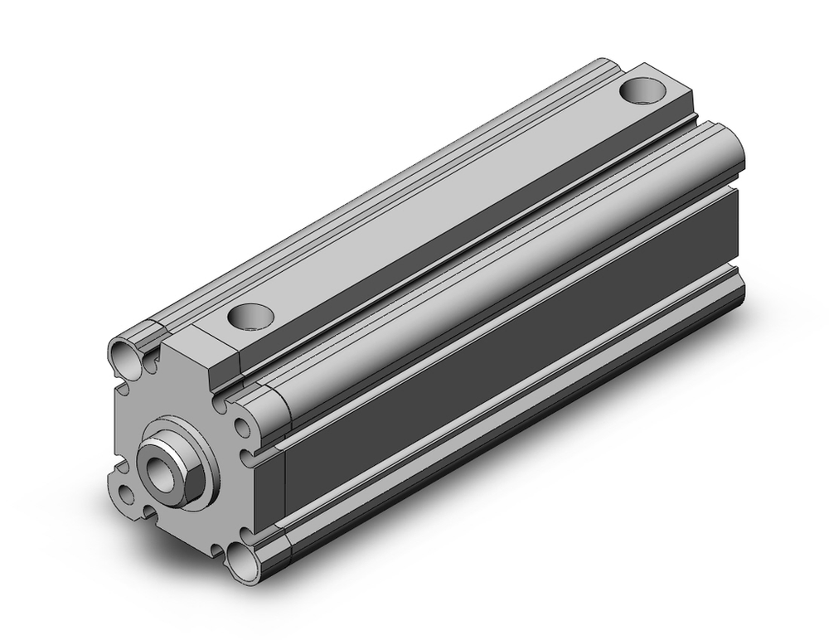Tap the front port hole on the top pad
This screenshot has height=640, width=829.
click(x=250, y=315)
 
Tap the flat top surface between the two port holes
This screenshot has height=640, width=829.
click(x=448, y=199)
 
